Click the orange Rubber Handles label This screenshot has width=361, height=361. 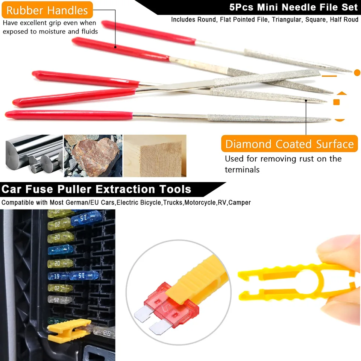click(47, 10)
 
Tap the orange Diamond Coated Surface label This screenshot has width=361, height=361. click(289, 144)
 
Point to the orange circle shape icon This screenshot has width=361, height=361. click(357, 72)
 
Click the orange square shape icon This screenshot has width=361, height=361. click(337, 102)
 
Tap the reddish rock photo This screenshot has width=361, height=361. click(93, 156)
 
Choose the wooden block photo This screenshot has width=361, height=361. click(155, 156)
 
